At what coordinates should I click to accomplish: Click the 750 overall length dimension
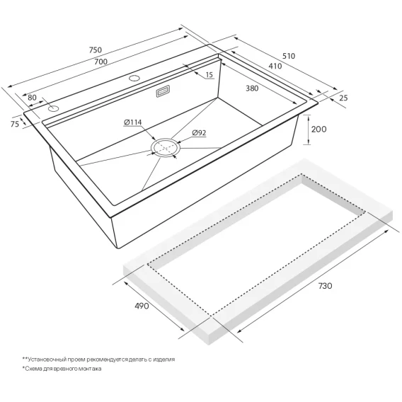[x=96, y=50]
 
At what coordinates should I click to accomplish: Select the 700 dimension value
[x=100, y=62]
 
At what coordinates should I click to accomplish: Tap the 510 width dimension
[x=289, y=56]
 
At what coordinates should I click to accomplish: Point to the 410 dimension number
[x=275, y=66]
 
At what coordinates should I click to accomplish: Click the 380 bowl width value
[x=252, y=88]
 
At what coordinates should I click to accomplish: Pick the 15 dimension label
[x=209, y=74]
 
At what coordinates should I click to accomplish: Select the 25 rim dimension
[x=343, y=98]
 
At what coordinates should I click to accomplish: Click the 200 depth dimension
[x=318, y=129]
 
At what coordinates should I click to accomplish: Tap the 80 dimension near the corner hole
[x=32, y=98]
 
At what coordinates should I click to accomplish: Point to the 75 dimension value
[x=15, y=124]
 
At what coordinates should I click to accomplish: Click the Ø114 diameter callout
[x=132, y=122]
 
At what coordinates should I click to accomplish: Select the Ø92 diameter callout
[x=199, y=133]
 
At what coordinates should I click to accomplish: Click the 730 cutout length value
[x=325, y=286]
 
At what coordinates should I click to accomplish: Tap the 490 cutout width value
[x=142, y=306]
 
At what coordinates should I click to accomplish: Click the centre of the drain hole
[x=166, y=148]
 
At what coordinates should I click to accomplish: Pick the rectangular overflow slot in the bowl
[x=162, y=91]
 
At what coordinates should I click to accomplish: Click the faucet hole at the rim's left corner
[x=53, y=109]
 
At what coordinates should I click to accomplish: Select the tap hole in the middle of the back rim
[x=134, y=78]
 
